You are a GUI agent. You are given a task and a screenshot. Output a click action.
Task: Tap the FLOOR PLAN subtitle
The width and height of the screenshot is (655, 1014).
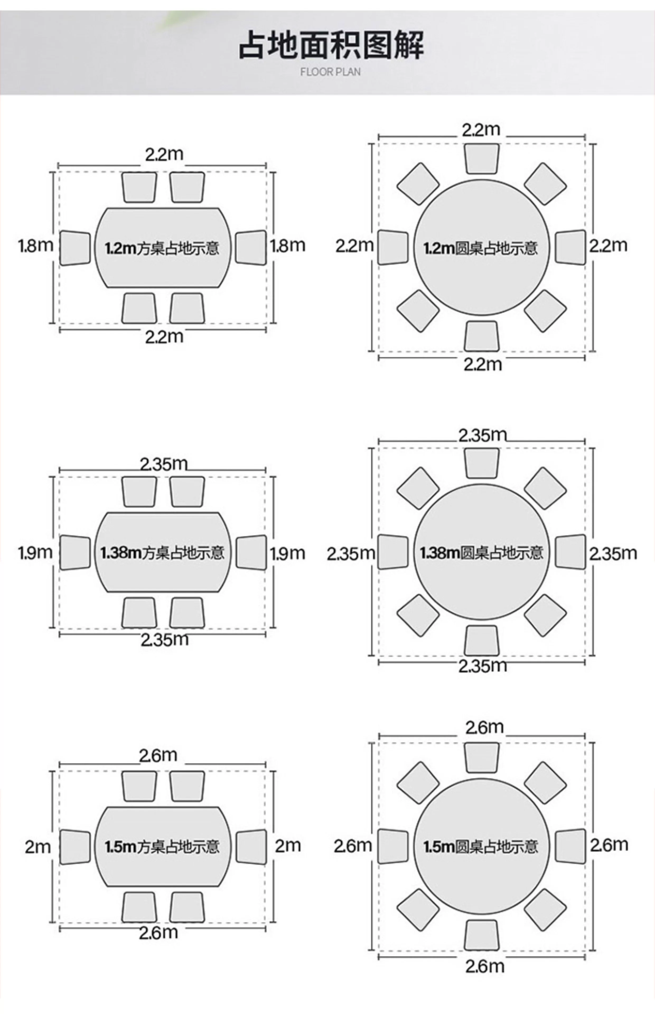pos(330,72)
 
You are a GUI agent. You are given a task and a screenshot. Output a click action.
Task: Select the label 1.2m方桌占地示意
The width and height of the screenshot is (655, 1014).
pos(162,248)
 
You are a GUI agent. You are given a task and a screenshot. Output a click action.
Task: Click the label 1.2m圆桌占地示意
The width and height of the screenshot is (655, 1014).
pos(481,248)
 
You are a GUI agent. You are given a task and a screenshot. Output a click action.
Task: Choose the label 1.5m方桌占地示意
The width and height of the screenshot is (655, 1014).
pos(162,847)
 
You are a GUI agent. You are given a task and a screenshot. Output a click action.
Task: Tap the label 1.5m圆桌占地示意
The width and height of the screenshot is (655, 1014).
pos(481,847)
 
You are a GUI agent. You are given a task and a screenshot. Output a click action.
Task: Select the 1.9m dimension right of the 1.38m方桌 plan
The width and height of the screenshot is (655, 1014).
pos(288,553)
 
